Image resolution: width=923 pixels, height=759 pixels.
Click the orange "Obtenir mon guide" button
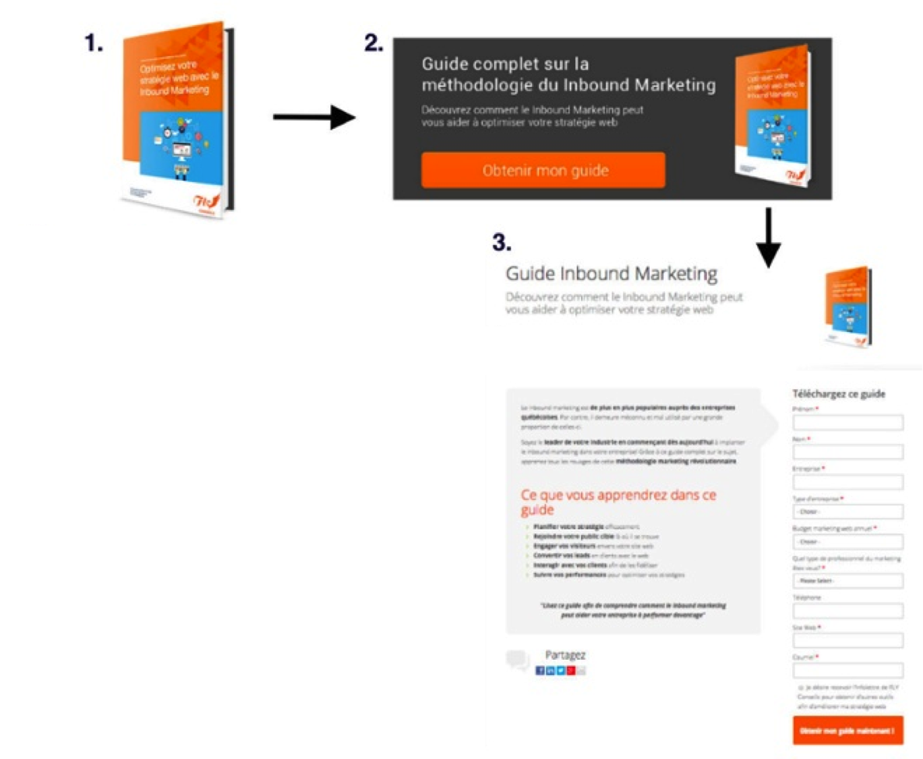(543, 170)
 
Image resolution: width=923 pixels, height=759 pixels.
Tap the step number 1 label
(94, 44)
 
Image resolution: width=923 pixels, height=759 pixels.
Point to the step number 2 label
(374, 44)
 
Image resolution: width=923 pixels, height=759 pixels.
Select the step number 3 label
(502, 242)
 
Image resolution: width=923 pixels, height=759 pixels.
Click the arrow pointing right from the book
(314, 117)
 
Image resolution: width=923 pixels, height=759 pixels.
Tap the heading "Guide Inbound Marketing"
(612, 274)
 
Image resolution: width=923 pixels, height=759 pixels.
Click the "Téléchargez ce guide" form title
(839, 394)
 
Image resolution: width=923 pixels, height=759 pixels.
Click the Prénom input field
(847, 423)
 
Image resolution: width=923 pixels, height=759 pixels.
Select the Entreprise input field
(847, 482)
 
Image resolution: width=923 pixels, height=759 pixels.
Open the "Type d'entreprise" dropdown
(847, 511)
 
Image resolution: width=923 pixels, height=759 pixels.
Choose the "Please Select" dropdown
(847, 581)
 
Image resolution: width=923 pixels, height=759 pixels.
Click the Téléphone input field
(847, 611)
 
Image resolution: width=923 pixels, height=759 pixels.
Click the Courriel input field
(847, 671)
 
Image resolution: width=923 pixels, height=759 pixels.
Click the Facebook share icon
(540, 671)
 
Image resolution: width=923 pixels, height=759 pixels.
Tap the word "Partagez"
(565, 655)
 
